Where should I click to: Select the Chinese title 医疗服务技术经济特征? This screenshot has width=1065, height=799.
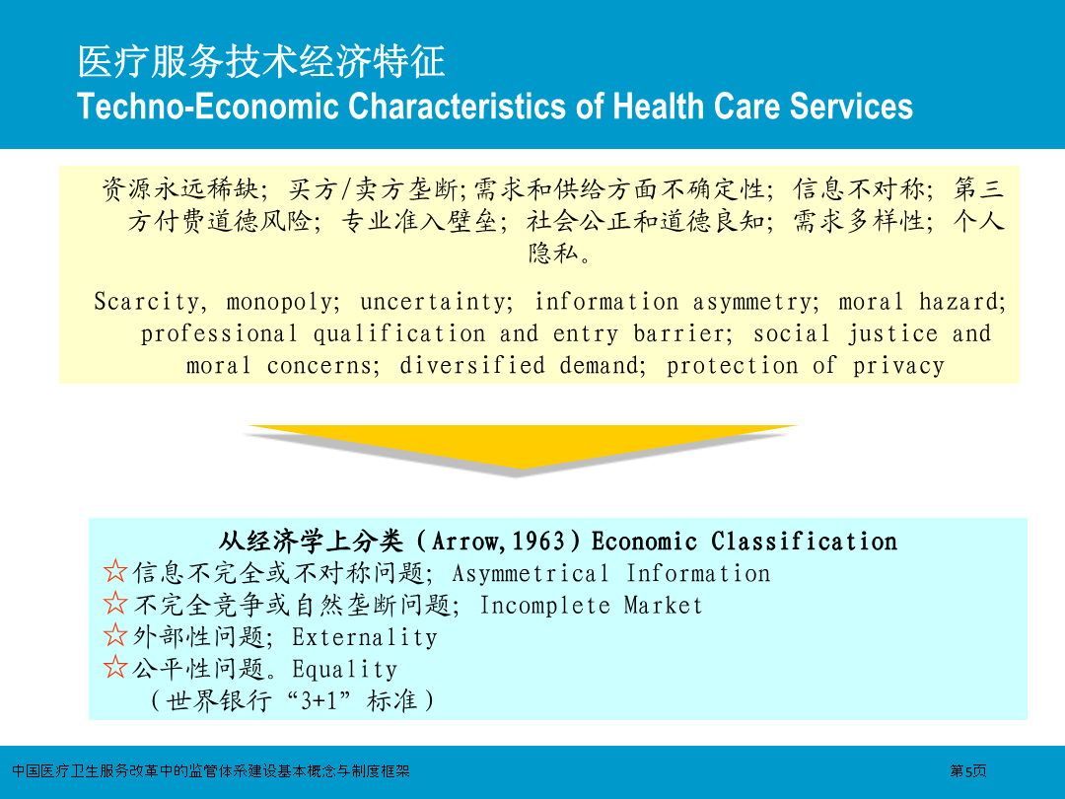(260, 62)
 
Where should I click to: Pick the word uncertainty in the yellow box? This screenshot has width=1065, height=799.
(436, 302)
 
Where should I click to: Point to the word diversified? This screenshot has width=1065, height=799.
(471, 366)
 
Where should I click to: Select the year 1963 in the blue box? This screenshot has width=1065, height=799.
(538, 542)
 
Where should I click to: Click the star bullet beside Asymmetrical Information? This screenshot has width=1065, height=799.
(115, 571)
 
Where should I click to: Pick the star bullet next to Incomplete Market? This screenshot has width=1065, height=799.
(115, 604)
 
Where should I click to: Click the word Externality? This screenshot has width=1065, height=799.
(365, 637)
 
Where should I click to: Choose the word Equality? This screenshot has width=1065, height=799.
(344, 669)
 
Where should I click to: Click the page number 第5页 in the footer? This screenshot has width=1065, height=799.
(968, 771)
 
